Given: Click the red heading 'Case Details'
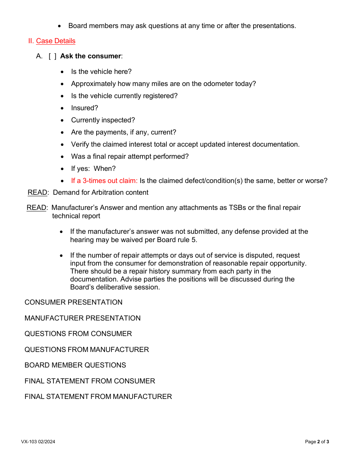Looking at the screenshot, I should point(56,41).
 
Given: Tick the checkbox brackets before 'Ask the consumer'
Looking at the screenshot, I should point(53,56).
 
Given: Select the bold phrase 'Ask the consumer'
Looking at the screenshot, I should point(90,56).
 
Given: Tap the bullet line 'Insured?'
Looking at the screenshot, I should point(85,108).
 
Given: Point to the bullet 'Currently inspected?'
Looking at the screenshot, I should point(103,120).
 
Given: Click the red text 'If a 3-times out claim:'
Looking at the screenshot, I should point(104,181).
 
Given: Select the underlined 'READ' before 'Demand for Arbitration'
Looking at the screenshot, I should point(38,192).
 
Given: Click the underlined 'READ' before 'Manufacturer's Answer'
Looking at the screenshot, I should point(36,208).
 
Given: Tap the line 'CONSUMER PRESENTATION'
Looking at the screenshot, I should point(74,302).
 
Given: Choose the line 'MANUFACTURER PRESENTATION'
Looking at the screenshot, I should point(83,318).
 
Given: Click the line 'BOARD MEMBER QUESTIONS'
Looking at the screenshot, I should point(75,365).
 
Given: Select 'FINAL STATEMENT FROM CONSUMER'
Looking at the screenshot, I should point(90,381).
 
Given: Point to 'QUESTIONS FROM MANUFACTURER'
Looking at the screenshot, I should point(87,350).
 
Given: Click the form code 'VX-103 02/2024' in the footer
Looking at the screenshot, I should point(38,442).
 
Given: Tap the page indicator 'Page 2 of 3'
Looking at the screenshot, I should point(317,442).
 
